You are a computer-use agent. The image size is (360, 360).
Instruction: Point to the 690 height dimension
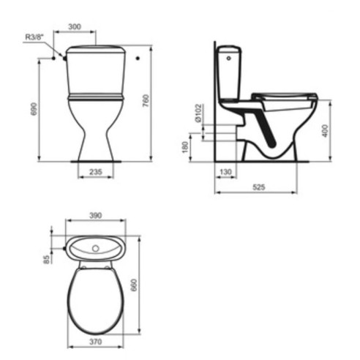pos(33,110)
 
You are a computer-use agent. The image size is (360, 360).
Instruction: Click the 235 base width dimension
pos(95,172)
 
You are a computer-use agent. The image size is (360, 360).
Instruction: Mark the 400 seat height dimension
pos(325,130)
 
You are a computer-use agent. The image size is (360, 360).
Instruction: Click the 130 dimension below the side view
pos(225,171)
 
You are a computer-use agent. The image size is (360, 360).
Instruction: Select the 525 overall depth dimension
pos(258,187)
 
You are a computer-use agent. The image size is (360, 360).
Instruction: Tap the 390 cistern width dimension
pos(95,215)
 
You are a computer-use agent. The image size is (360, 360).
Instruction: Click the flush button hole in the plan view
pos(94,249)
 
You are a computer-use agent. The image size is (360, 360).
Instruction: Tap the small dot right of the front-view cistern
pos(138,57)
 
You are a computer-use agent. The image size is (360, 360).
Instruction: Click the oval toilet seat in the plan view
pos(95,300)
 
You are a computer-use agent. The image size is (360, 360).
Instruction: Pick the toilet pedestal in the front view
pos(95,132)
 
